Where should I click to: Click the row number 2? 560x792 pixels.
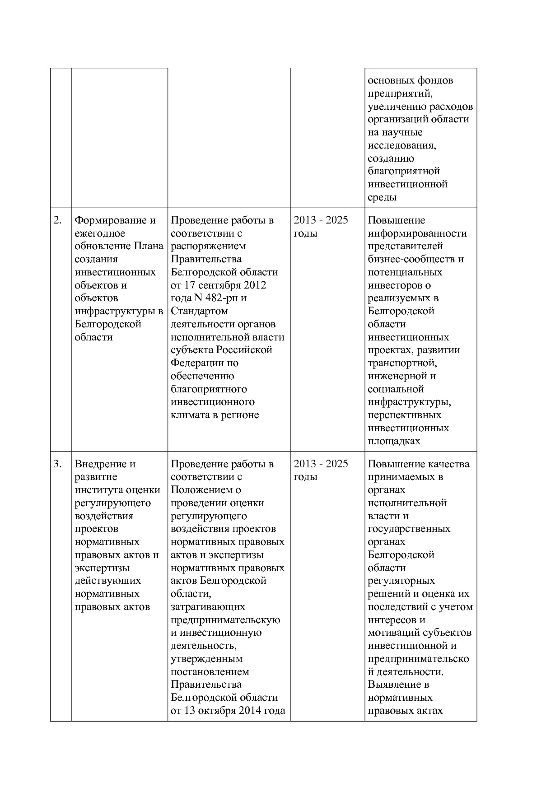(x=57, y=220)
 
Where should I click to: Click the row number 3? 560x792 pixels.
(x=57, y=464)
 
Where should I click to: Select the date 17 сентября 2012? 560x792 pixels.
(x=224, y=285)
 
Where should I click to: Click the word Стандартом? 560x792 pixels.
(x=199, y=311)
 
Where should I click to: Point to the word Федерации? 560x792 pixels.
(x=198, y=363)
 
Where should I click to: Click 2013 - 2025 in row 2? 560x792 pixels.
(x=321, y=220)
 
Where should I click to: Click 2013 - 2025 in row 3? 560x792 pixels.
(x=321, y=464)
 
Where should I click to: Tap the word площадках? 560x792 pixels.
(x=394, y=441)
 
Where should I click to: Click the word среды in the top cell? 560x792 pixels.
(x=382, y=197)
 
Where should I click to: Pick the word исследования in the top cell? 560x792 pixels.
(x=401, y=145)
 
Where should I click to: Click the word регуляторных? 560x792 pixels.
(x=401, y=581)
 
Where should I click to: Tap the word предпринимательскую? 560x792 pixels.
(x=225, y=620)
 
